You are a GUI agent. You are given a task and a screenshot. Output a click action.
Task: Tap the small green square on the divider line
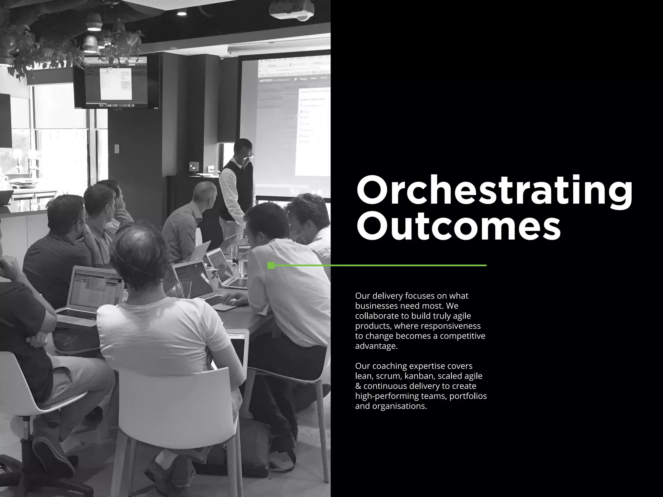point(271,266)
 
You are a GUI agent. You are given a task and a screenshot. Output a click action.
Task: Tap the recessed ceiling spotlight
point(182,14)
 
